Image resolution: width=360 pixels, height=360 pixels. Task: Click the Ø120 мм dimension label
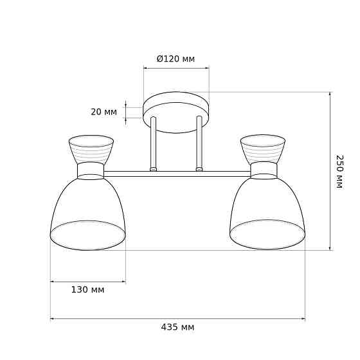[x=175, y=59]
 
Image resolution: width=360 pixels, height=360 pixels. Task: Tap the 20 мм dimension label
[x=104, y=113]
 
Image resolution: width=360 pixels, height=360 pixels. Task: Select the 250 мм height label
[x=339, y=172]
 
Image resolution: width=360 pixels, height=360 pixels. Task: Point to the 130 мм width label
[x=87, y=290]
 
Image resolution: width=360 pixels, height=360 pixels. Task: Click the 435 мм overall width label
[x=177, y=327]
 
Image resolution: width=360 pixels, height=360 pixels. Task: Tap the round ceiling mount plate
[x=176, y=113]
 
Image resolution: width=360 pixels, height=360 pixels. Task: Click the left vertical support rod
[x=153, y=144]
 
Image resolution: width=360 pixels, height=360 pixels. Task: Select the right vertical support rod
[x=199, y=144]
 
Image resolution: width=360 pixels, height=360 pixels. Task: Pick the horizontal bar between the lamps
[x=177, y=174]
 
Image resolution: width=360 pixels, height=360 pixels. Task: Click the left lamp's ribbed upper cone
[x=91, y=149]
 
